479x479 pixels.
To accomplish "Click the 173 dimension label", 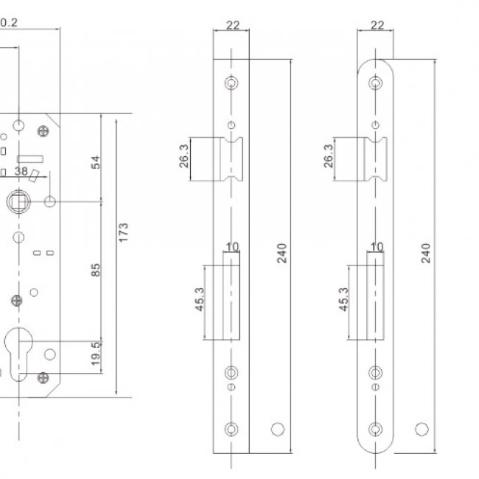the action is pos(123,232).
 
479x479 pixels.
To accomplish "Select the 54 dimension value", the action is pos(96,162).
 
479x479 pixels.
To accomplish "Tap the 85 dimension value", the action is pos(96,270).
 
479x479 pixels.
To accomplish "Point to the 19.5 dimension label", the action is pos(96,354).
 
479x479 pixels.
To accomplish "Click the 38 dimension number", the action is pos(21,171).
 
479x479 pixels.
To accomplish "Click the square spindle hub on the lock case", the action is pos(18,201).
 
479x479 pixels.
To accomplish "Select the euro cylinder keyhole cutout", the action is pos(18,354).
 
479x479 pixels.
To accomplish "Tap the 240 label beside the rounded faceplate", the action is pos(425,253).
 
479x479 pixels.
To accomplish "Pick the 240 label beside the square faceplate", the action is pos(282,253).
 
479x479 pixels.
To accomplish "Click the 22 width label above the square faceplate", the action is pos(233,25).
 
